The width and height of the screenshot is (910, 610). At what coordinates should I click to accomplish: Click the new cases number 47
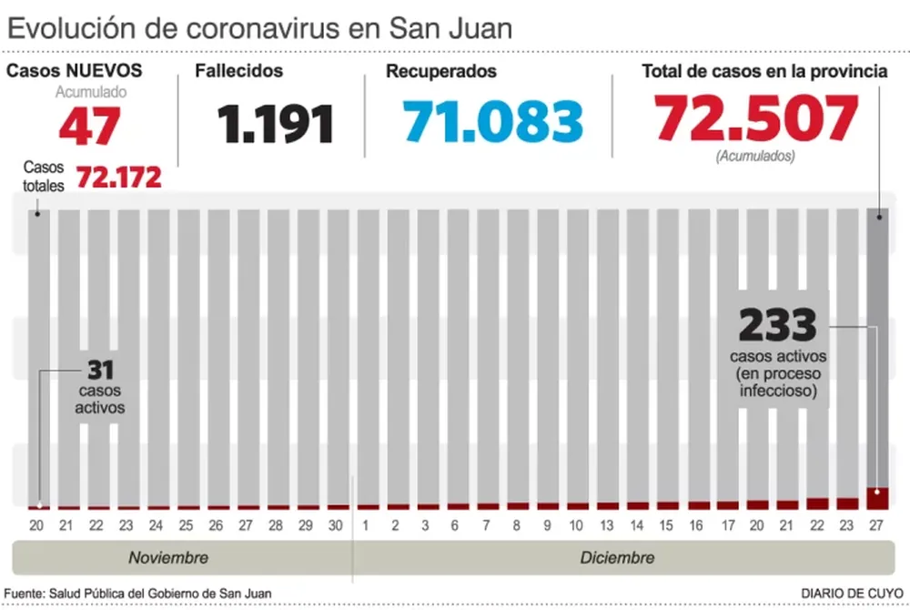[89, 126]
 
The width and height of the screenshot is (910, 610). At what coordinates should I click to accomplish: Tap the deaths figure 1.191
[276, 125]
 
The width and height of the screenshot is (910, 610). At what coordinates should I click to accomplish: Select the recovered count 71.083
[492, 121]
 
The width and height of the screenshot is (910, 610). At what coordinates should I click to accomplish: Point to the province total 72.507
[756, 118]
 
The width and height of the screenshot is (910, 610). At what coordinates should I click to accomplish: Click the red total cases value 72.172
[118, 177]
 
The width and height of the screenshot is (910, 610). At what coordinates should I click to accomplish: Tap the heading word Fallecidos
[239, 71]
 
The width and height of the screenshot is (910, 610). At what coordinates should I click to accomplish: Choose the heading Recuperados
[441, 71]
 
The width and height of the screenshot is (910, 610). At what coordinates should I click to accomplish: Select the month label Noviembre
[168, 557]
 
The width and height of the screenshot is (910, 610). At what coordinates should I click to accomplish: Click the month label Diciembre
[617, 557]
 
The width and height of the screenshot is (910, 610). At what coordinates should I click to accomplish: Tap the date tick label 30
[337, 525]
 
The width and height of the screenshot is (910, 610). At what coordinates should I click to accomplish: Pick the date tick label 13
[608, 525]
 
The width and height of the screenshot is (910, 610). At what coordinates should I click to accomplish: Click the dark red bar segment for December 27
[877, 499]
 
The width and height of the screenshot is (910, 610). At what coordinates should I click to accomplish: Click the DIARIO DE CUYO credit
[852, 593]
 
